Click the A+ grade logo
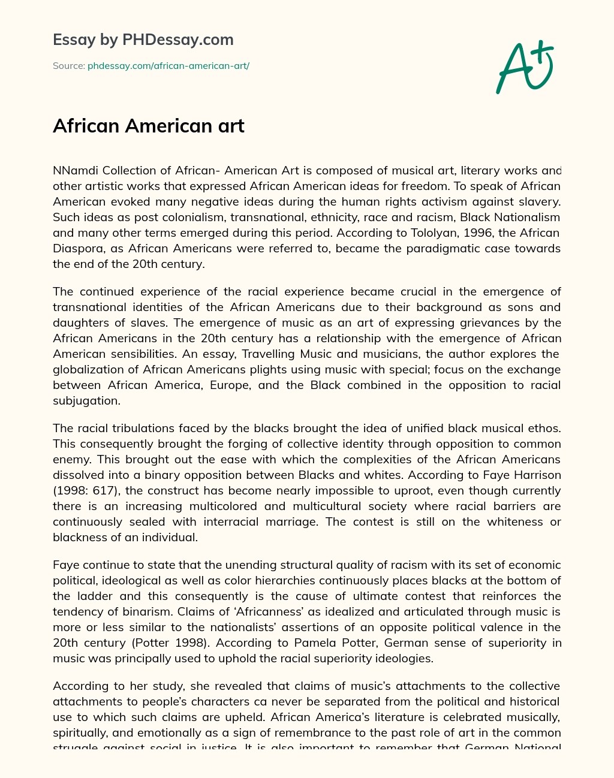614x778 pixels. click(x=525, y=67)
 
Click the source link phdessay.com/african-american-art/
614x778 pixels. click(x=168, y=66)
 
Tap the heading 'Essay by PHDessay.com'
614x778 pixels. click(x=143, y=40)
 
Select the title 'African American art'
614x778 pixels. click(x=148, y=126)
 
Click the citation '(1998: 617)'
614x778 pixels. click(x=85, y=490)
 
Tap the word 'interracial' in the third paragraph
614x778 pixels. click(x=231, y=521)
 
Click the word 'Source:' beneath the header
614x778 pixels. click(x=68, y=66)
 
